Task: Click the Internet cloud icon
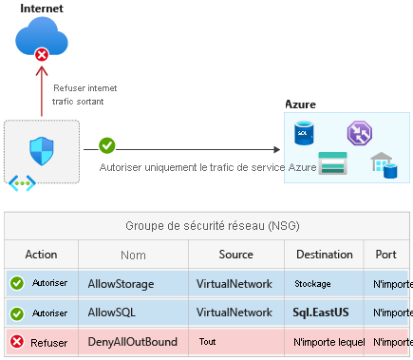[x=42, y=41]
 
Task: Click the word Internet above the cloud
[x=43, y=9]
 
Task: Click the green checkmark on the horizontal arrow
[x=107, y=147]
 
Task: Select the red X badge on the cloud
[x=42, y=57]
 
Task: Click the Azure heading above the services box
[x=301, y=104]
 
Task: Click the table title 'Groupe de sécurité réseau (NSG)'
[x=207, y=226]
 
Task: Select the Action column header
[x=41, y=255]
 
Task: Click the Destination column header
[x=324, y=255]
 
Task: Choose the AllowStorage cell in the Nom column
[x=120, y=283]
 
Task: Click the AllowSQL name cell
[x=113, y=312]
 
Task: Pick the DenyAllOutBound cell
[x=128, y=340]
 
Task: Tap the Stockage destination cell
[x=313, y=283]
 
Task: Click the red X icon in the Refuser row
[x=17, y=340]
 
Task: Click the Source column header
[x=235, y=255]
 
